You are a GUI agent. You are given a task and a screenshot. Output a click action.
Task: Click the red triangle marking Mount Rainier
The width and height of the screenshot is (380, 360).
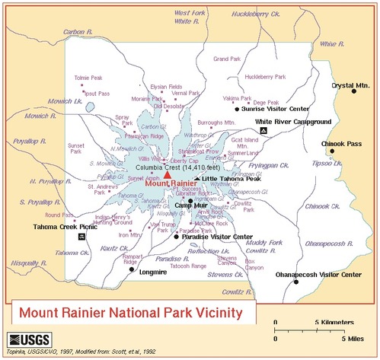(167, 174)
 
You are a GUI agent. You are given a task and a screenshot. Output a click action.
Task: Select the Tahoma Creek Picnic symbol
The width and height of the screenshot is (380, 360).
(82, 236)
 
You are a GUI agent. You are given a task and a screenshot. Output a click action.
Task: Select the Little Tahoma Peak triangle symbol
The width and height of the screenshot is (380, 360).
(196, 178)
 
